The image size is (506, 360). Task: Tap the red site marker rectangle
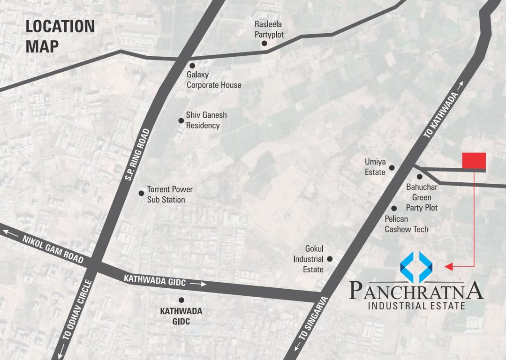click(474, 160)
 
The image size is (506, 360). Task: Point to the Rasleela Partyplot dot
click(264, 43)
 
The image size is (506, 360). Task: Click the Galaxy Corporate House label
click(214, 80)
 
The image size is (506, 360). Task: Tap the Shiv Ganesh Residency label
click(203, 120)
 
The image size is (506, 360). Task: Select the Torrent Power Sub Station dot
click(141, 193)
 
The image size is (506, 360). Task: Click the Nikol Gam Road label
click(52, 249)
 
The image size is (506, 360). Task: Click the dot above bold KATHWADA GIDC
click(181, 300)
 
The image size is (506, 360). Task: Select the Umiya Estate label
click(375, 167)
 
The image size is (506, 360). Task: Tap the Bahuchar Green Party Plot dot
click(420, 177)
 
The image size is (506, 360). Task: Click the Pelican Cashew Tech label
click(406, 224)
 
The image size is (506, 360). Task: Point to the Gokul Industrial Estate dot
click(330, 259)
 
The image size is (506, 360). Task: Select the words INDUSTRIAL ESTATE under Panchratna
click(416, 307)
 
